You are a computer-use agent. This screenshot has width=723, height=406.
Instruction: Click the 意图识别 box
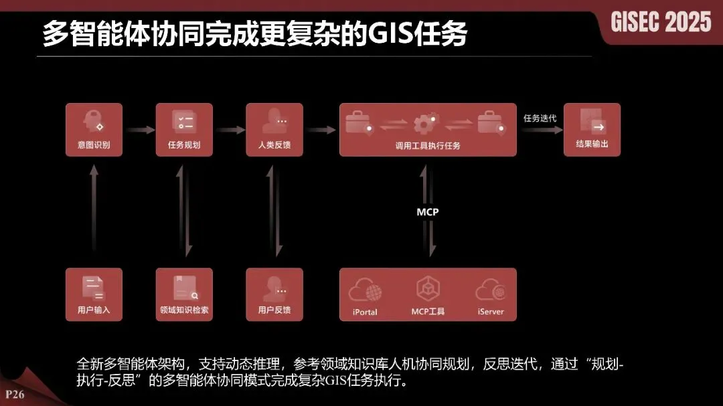point(94,130)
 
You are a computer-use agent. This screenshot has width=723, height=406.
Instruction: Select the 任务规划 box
point(184,130)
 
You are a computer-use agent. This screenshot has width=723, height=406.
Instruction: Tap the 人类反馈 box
point(274,130)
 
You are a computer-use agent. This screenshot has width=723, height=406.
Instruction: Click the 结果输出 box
point(592,130)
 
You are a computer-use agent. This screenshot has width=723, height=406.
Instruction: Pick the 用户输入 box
point(94,294)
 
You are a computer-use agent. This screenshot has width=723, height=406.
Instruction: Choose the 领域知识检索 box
point(184,294)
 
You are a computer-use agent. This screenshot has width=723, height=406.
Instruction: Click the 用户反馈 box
point(274,294)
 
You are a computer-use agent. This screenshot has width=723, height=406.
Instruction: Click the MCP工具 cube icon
point(428,289)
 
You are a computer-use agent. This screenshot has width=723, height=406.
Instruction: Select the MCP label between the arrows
point(428,212)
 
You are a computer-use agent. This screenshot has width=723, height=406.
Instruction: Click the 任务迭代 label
point(540,118)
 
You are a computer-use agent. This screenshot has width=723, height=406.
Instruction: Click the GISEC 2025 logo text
point(661,23)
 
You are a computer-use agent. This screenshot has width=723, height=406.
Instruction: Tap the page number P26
point(15,394)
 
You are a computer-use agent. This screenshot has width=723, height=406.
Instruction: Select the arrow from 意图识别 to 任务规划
point(139,130)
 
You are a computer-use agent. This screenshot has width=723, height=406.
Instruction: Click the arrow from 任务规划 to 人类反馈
point(230,130)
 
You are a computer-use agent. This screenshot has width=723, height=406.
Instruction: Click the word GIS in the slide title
point(392,34)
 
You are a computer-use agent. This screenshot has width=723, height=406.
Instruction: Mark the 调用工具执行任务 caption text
point(428,145)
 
